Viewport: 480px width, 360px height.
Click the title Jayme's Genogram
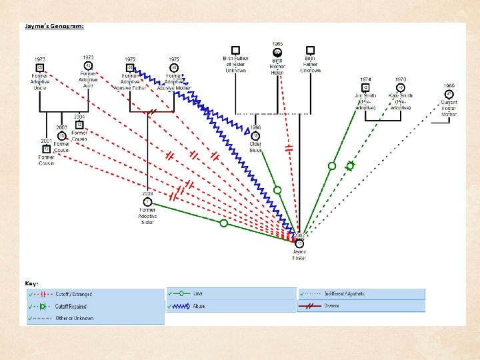click(x=55, y=27)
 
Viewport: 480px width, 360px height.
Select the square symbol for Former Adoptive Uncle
click(x=40, y=68)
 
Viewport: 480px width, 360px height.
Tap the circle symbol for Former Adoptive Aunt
click(x=88, y=65)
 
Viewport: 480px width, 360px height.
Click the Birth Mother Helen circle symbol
click(x=277, y=52)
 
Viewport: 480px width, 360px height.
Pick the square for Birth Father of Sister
click(x=235, y=50)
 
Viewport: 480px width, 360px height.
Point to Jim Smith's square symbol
click(x=365, y=87)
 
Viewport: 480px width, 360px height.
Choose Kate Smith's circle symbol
click(x=401, y=87)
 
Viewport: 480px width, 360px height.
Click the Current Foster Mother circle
click(x=449, y=94)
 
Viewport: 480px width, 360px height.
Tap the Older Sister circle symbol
click(x=255, y=135)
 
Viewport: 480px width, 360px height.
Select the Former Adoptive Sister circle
click(x=147, y=202)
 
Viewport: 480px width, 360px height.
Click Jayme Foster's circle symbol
click(x=299, y=243)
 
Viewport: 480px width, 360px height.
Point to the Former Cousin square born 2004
click(x=79, y=125)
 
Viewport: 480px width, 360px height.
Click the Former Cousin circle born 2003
click(x=62, y=135)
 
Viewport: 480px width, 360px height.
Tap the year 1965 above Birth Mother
click(x=277, y=44)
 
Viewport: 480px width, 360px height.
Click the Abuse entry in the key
click(x=199, y=307)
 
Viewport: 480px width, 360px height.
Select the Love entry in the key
click(x=198, y=293)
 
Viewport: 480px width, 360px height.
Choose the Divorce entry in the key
click(x=331, y=306)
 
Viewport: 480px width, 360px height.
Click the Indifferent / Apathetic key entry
click(x=346, y=294)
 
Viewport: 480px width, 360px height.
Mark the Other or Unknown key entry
click(x=74, y=319)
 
